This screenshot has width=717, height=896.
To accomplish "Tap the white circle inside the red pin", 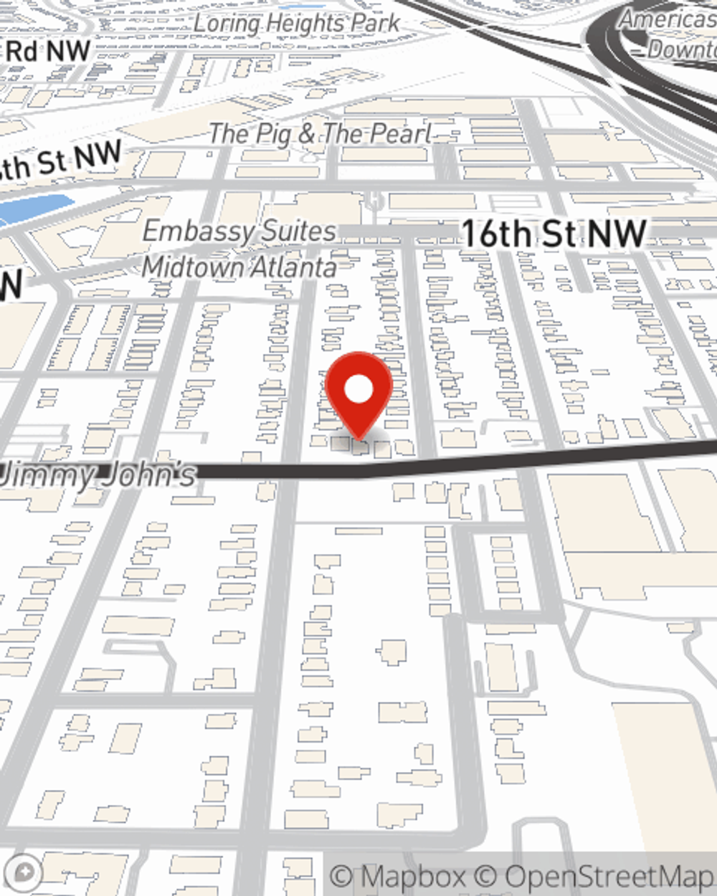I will point(358,390).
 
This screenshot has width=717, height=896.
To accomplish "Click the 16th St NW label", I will point(553,234).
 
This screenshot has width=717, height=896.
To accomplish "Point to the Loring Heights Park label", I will point(296,23).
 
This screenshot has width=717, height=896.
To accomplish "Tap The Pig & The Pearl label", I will point(320,133).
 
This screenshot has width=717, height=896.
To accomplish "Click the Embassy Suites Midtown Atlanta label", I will point(239,249).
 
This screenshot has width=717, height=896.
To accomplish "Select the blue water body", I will point(32,208).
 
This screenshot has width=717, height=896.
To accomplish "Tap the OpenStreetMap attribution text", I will point(609,877).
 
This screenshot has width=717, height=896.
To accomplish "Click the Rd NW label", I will point(47,52).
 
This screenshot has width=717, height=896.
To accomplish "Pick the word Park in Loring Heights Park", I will point(375,23).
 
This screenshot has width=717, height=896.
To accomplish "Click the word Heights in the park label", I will point(303,24).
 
